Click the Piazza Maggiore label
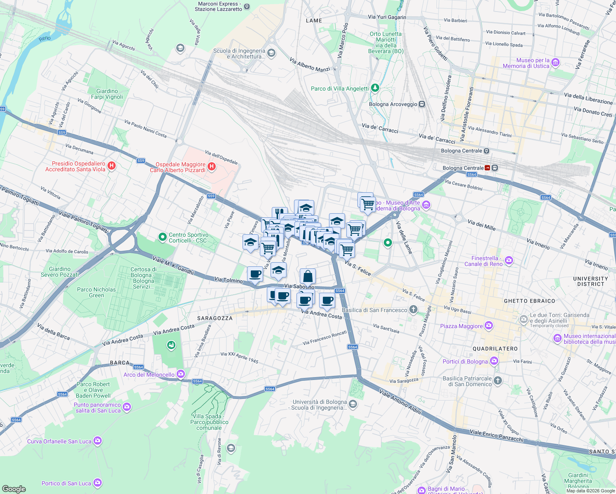[461, 326]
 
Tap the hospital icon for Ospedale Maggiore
[212, 167]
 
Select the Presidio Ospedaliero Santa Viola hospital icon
[111, 166]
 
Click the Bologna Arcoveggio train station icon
[422, 104]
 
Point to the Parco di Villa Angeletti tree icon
[375, 88]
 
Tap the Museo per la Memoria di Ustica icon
[555, 63]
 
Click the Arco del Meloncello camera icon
[181, 374]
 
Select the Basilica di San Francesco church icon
[413, 310]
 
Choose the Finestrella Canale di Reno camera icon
[509, 260]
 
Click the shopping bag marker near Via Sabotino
[308, 277]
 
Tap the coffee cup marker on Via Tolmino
[255, 274]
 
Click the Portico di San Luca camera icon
[97, 482]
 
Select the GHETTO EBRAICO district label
[529, 301]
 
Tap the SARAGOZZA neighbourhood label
[215, 318]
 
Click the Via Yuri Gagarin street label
[387, 17]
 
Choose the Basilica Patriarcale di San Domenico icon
[498, 381]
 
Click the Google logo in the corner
[14, 489]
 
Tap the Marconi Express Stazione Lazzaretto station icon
[247, 6]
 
